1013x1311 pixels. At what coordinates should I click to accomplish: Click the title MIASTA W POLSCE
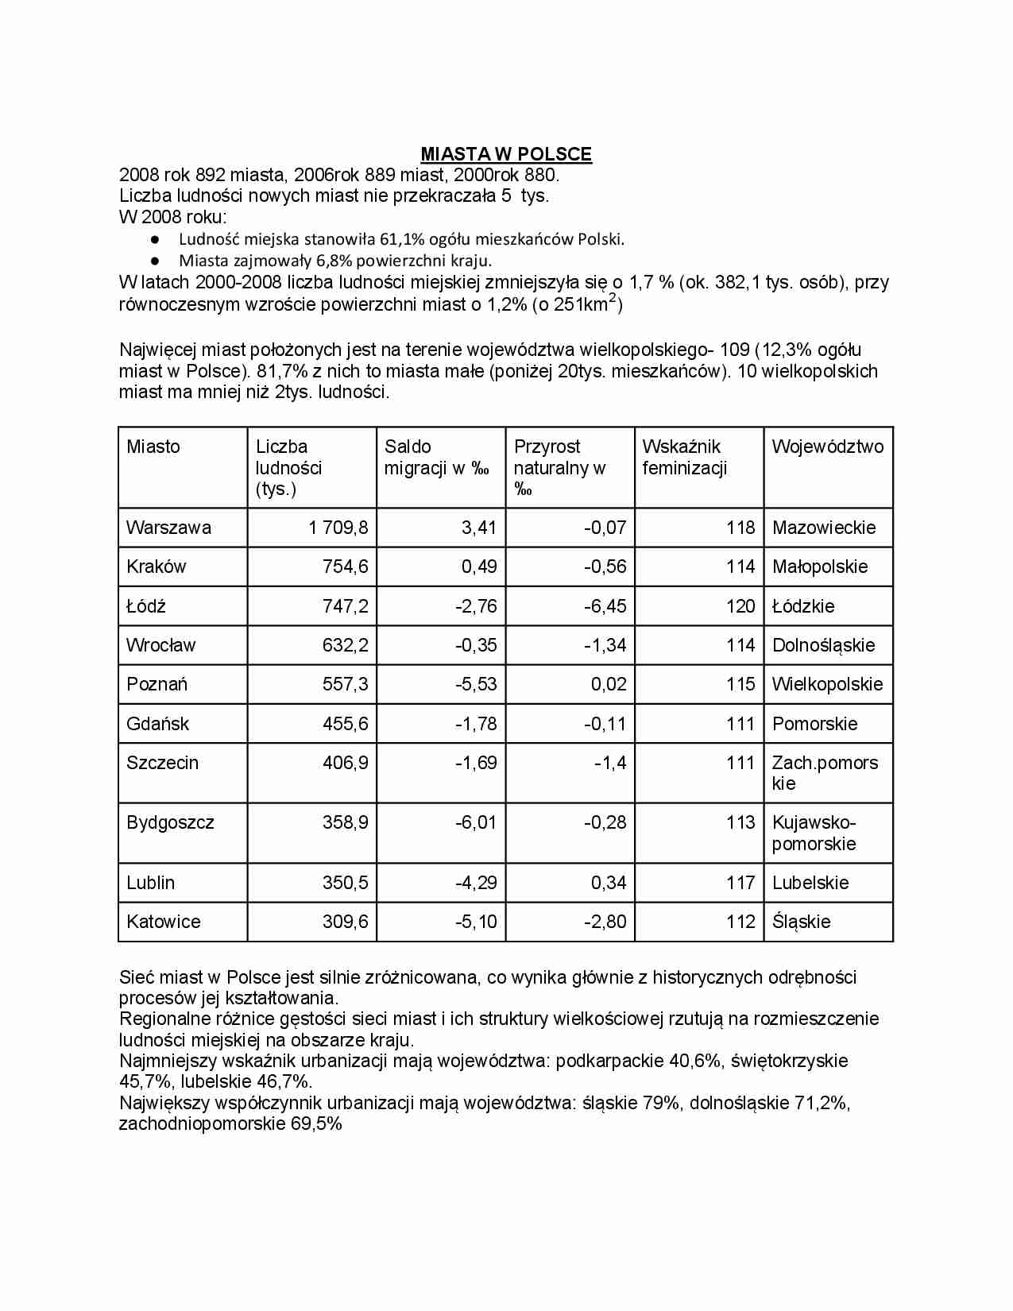(x=505, y=154)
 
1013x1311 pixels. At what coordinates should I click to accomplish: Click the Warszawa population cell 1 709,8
(x=338, y=528)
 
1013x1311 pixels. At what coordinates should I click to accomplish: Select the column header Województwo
(x=827, y=447)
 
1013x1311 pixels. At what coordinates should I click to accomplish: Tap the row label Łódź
(x=146, y=606)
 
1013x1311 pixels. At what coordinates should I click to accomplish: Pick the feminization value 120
(x=740, y=606)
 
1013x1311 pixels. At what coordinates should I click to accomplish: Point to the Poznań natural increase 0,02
(x=608, y=684)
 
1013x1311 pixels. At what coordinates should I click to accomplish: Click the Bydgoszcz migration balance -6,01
(x=476, y=822)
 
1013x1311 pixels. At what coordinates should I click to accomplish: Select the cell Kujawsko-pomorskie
(x=814, y=833)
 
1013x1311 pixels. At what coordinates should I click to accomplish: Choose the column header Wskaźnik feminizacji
(x=684, y=458)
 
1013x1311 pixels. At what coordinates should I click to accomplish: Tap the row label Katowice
(x=164, y=922)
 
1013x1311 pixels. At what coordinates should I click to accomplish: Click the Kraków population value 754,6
(x=345, y=567)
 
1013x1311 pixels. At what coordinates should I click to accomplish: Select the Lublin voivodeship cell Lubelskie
(x=810, y=883)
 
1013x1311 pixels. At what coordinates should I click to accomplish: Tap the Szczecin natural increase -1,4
(x=610, y=763)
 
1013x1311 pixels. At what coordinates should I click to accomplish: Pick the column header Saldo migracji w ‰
(x=436, y=458)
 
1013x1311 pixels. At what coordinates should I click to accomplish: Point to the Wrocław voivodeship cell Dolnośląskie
(x=823, y=645)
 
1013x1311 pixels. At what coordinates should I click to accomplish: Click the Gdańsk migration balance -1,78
(x=476, y=724)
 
